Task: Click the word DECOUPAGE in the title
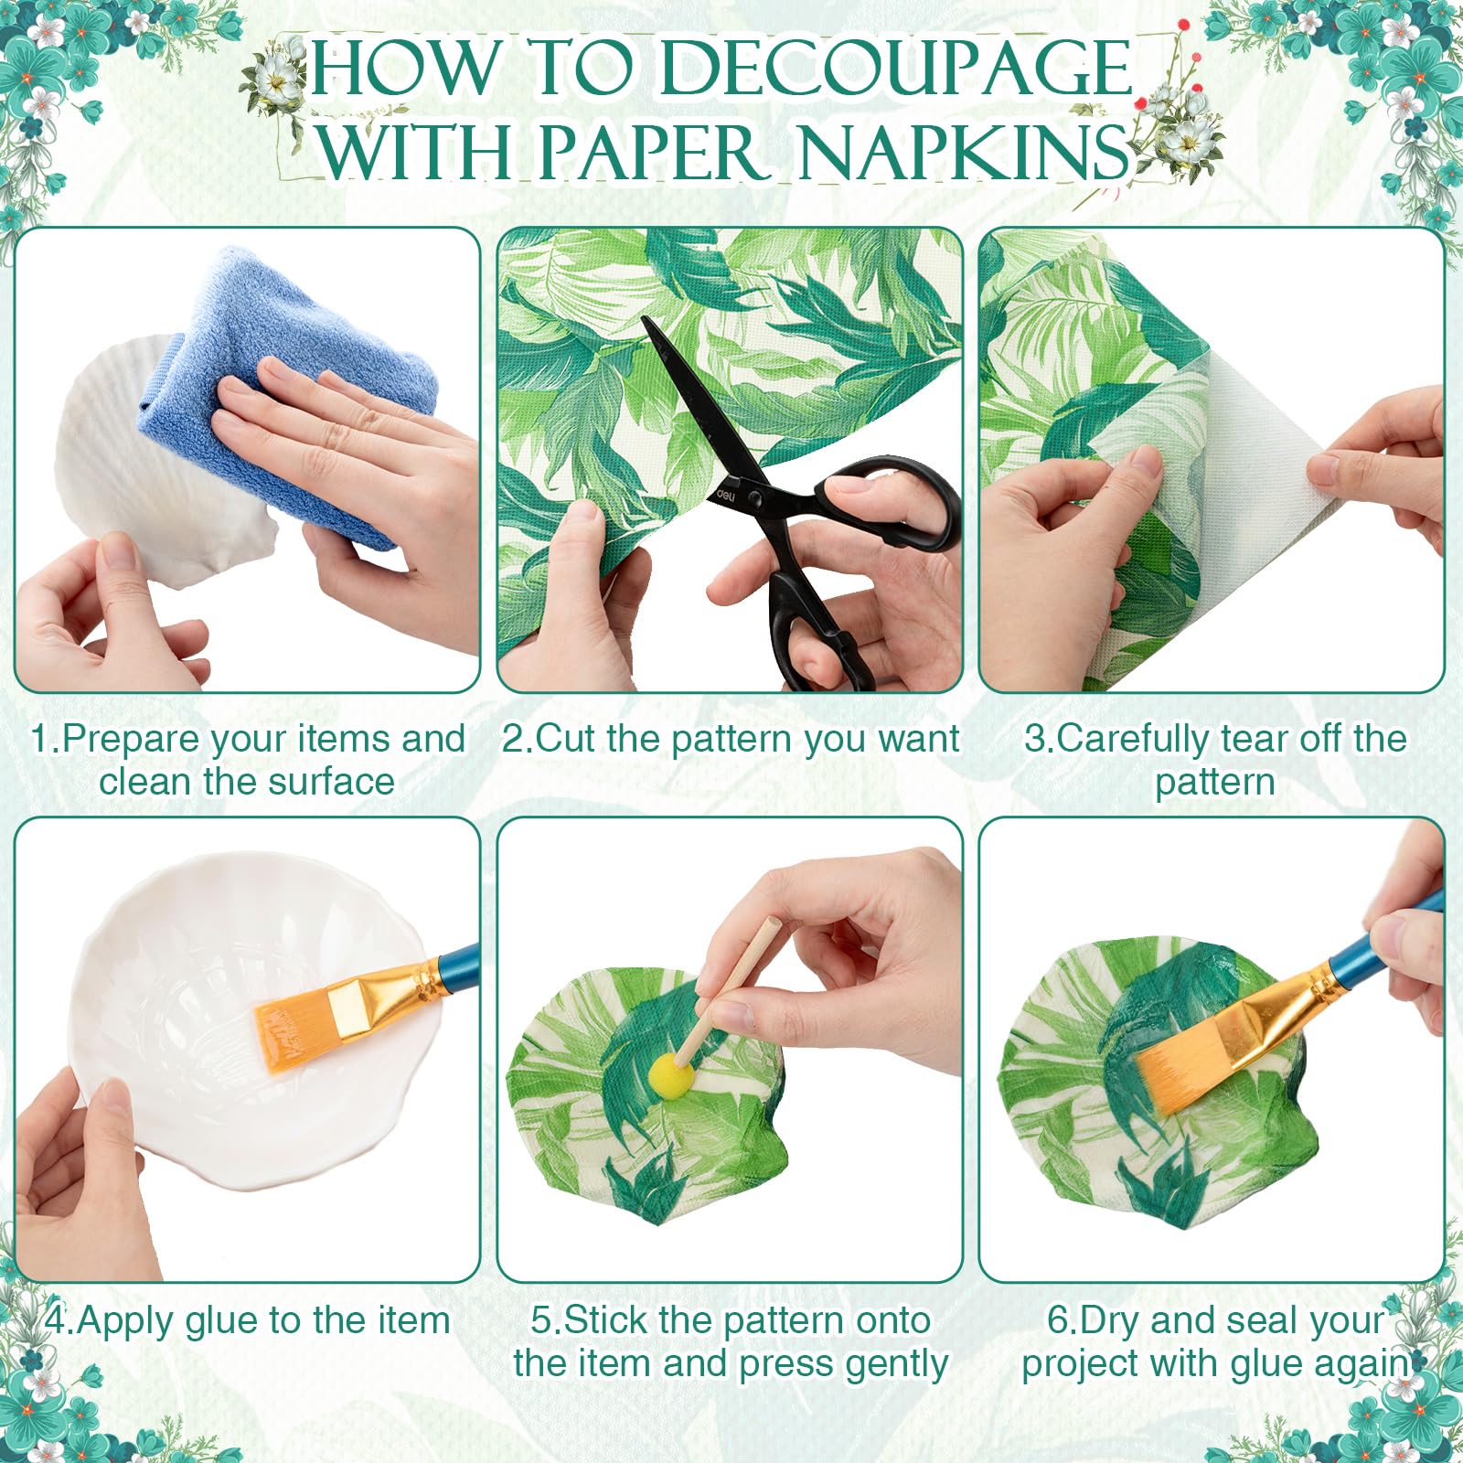[896, 69]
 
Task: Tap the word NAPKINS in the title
[964, 152]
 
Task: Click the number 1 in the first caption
[38, 739]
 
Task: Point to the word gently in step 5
[896, 1365]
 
